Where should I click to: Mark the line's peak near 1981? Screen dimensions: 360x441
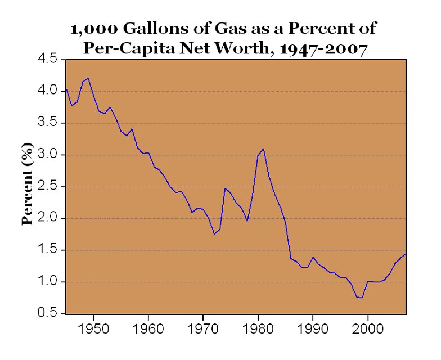coord(263,148)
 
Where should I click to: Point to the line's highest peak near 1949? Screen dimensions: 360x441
coord(88,78)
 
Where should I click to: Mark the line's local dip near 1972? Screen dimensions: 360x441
coord(214,233)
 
